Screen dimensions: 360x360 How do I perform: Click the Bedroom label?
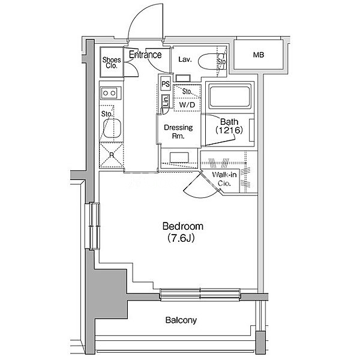(x=183, y=226)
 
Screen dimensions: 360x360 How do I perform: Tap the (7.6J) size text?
(x=181, y=238)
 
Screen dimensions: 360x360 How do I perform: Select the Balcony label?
(x=181, y=320)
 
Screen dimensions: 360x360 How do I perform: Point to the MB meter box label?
(x=259, y=55)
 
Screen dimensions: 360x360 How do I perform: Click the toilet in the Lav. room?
(x=209, y=61)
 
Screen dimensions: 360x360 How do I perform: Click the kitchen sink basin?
(x=112, y=128)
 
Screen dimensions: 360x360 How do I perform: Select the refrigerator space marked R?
(x=112, y=155)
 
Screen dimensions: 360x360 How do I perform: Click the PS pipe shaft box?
(x=166, y=83)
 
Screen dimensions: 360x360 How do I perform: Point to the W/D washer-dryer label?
(x=187, y=105)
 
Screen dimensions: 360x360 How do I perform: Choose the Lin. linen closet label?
(x=166, y=101)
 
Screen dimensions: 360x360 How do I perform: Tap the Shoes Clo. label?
(x=112, y=62)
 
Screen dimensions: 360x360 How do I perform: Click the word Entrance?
(x=145, y=55)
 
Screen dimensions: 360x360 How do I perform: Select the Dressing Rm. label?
(x=178, y=132)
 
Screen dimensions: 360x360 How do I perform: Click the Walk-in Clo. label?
(x=224, y=179)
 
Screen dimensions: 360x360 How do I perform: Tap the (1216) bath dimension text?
(x=229, y=130)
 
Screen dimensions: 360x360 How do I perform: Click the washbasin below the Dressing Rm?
(x=179, y=158)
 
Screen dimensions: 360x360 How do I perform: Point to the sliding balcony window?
(x=200, y=295)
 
